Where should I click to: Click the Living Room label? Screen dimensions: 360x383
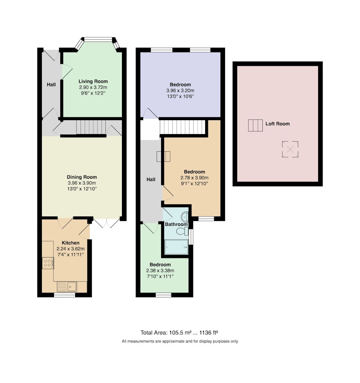click(93, 81)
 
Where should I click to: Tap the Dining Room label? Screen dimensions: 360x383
click(82, 177)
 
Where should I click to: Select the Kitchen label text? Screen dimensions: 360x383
click(71, 243)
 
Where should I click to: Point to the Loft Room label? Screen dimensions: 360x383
click(278, 124)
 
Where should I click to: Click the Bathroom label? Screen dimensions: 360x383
click(176, 224)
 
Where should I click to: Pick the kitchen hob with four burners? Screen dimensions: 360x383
click(48, 263)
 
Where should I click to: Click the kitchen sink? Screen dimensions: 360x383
click(67, 286)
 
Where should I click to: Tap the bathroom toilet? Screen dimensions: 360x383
click(182, 231)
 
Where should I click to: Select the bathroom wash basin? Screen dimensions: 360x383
click(185, 216)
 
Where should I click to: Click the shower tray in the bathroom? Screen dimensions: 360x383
click(176, 247)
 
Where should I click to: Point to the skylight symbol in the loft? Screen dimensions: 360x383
click(290, 149)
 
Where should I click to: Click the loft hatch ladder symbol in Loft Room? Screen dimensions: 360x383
click(256, 125)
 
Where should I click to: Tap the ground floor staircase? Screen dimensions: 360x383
click(91, 127)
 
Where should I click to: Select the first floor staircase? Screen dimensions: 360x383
click(182, 127)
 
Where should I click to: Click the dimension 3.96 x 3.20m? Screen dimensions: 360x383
click(180, 90)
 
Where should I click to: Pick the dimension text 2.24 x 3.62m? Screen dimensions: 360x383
click(71, 249)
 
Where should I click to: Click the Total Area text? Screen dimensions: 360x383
click(179, 333)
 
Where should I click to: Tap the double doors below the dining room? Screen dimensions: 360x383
click(107, 223)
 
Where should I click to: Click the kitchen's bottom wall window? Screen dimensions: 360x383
click(65, 295)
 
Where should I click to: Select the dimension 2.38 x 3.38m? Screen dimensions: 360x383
click(160, 270)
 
